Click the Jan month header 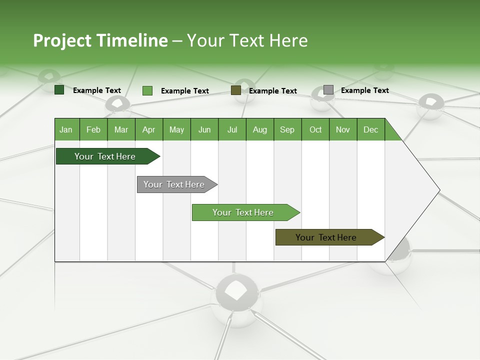click(66, 129)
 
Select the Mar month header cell click(121, 129)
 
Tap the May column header click(176, 129)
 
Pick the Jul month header click(232, 129)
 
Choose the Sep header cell click(287, 129)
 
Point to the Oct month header click(315, 129)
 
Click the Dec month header click(370, 129)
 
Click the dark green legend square click(59, 90)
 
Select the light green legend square click(147, 90)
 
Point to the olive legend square click(236, 90)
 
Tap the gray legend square click(328, 90)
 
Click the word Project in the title click(62, 40)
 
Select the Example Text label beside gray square click(364, 90)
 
